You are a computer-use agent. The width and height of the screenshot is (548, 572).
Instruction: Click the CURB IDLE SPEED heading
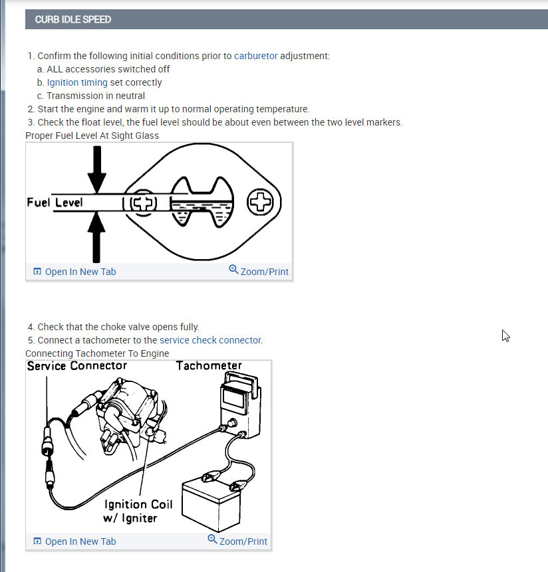click(73, 19)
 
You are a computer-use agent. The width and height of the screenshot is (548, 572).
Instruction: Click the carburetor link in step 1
click(255, 56)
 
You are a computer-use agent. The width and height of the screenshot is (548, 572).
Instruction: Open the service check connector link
click(211, 340)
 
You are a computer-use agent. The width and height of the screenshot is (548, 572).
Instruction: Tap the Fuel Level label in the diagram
click(55, 201)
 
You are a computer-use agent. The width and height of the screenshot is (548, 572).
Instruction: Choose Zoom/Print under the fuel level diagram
click(259, 271)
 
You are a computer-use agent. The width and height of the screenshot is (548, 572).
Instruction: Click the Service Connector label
click(76, 365)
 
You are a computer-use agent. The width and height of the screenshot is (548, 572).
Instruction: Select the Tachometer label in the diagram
click(209, 365)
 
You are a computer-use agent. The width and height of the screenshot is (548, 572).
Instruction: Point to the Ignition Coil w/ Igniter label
click(138, 511)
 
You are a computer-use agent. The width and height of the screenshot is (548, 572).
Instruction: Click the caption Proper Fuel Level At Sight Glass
click(92, 136)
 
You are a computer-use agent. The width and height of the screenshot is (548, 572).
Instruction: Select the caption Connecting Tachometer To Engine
click(97, 353)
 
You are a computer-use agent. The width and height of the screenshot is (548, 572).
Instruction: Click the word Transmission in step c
click(76, 96)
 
